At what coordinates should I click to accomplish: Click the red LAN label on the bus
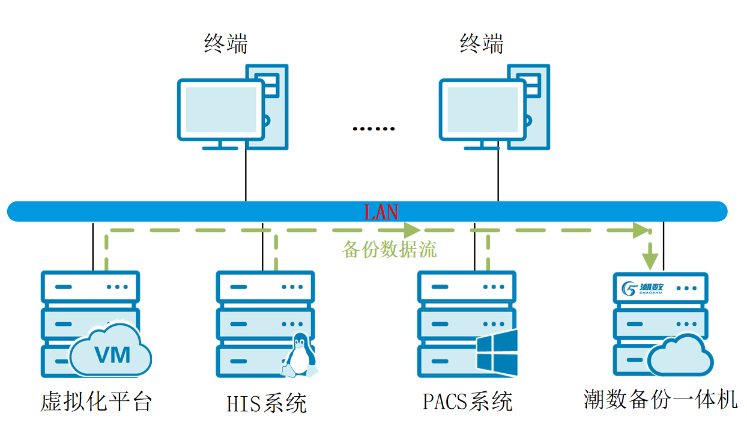pos(381,212)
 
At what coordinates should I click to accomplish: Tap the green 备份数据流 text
pos(389,249)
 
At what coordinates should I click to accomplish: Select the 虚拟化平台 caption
pos(96,402)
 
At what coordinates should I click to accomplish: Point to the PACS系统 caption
pos(468,401)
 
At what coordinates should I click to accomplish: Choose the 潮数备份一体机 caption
pos(660,399)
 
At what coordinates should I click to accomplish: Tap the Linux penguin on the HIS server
pos(298,357)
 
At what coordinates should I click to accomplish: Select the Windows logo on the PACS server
pos(497,353)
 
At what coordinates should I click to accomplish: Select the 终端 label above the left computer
pos(226,44)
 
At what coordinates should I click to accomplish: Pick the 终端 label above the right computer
pos(482,44)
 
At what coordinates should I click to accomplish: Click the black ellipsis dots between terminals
pos(374,129)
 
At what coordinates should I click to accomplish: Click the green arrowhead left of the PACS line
pos(412,230)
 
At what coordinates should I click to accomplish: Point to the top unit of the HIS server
pos(265,287)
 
